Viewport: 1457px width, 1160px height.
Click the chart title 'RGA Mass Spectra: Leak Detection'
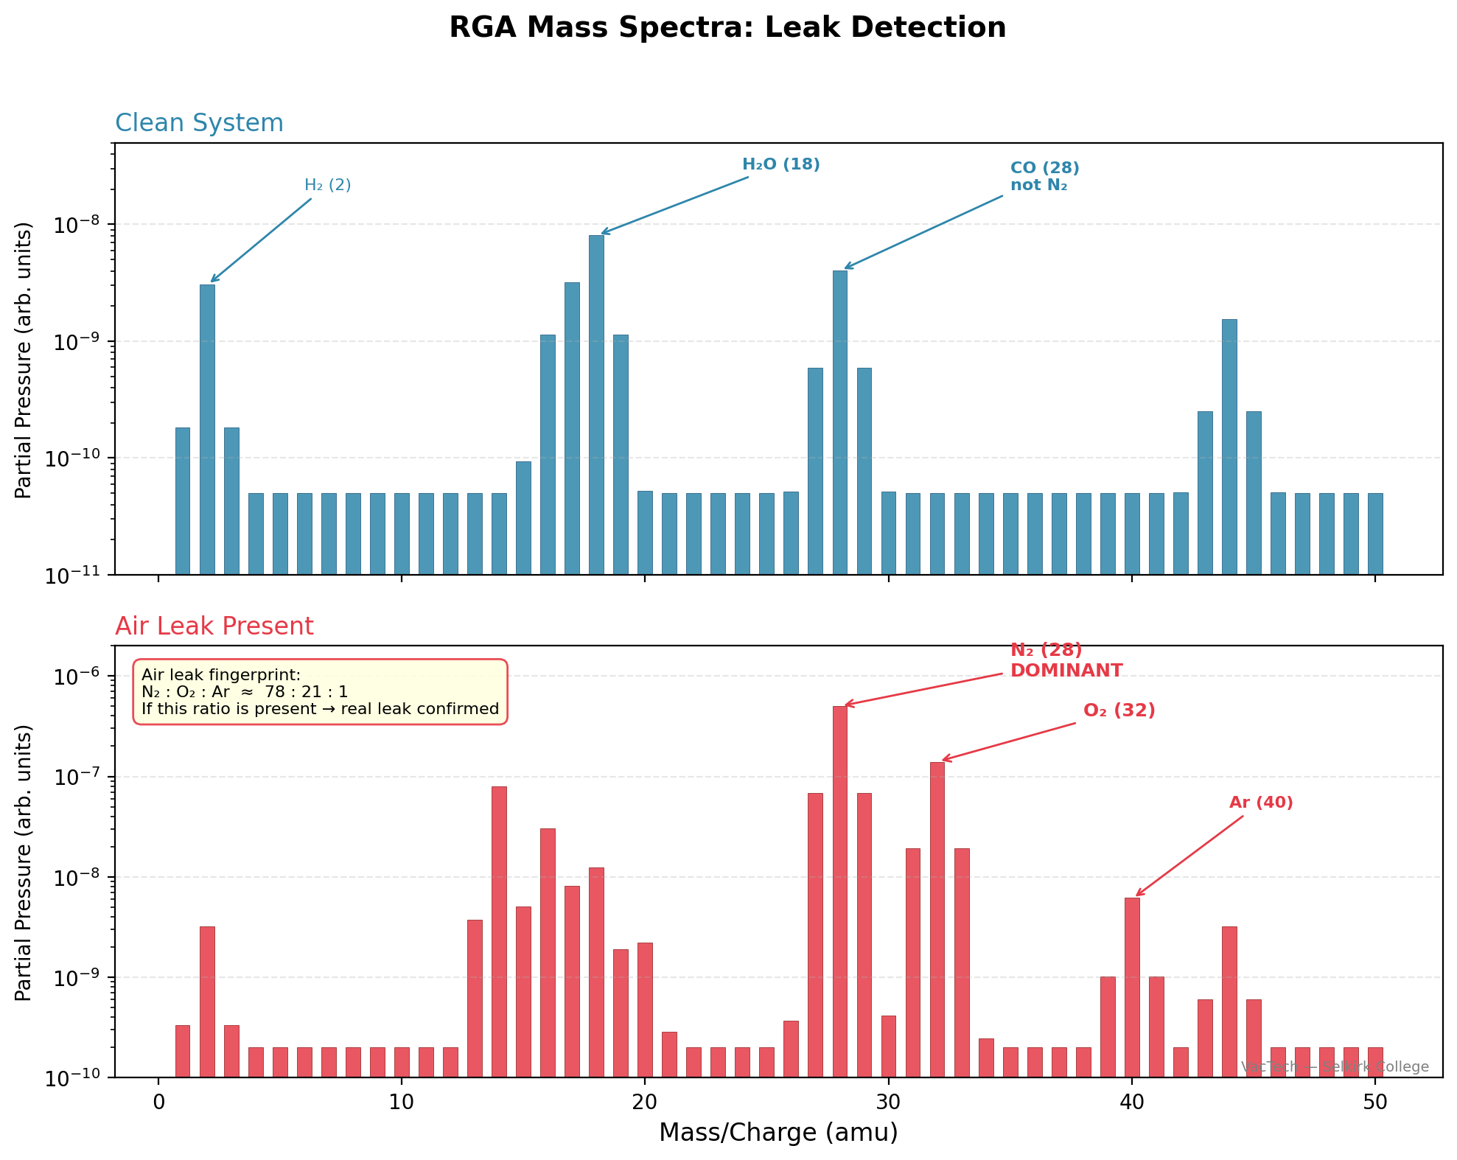727,28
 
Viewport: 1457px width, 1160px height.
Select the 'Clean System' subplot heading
199,123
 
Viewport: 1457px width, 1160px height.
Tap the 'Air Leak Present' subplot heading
214,626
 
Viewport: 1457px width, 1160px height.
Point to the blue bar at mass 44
1229,446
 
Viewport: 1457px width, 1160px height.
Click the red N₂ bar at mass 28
839,891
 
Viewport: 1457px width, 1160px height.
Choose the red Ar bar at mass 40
1132,987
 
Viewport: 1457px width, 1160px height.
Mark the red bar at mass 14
499,932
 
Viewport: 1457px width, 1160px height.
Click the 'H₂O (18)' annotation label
780,164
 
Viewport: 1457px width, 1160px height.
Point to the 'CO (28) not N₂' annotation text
1044,176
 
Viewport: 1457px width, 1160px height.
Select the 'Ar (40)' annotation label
1260,803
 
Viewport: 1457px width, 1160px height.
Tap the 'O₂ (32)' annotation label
1119,710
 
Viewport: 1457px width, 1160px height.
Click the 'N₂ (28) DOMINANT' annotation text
1065,660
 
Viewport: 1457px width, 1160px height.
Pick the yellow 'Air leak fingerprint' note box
320,691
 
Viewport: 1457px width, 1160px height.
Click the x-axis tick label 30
888,1103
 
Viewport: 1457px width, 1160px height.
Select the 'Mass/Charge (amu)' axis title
778,1133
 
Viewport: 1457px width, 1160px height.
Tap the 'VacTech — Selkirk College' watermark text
1334,1067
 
